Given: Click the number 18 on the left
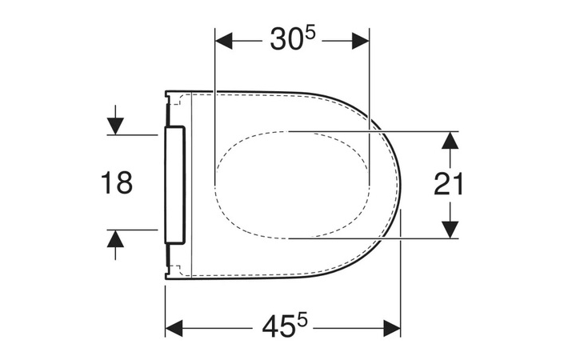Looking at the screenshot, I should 117,183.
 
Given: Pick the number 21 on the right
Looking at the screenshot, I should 450,185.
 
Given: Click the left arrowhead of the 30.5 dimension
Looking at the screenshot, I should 224,40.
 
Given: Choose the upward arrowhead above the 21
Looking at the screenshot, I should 450,141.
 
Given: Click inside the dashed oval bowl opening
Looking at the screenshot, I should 292,184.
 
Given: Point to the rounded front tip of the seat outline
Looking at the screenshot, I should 397,184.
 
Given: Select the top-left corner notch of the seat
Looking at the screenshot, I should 167,95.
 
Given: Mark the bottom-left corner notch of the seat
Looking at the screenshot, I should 167,274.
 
